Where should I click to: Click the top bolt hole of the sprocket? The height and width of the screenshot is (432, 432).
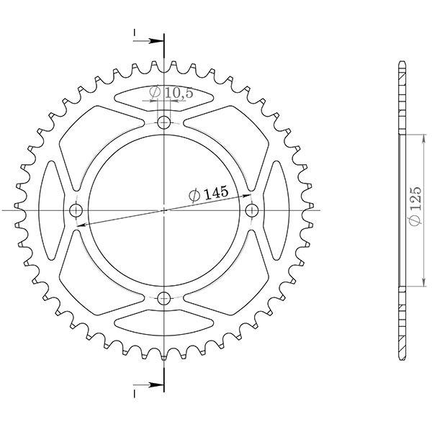click(x=164, y=122)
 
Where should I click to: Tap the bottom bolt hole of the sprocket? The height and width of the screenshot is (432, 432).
click(x=164, y=298)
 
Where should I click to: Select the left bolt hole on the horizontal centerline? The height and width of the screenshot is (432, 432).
click(x=76, y=210)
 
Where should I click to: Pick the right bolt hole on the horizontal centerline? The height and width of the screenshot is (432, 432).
click(x=252, y=210)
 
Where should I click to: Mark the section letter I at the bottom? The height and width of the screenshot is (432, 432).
click(x=135, y=393)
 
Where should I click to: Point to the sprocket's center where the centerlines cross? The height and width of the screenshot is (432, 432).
click(x=164, y=210)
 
